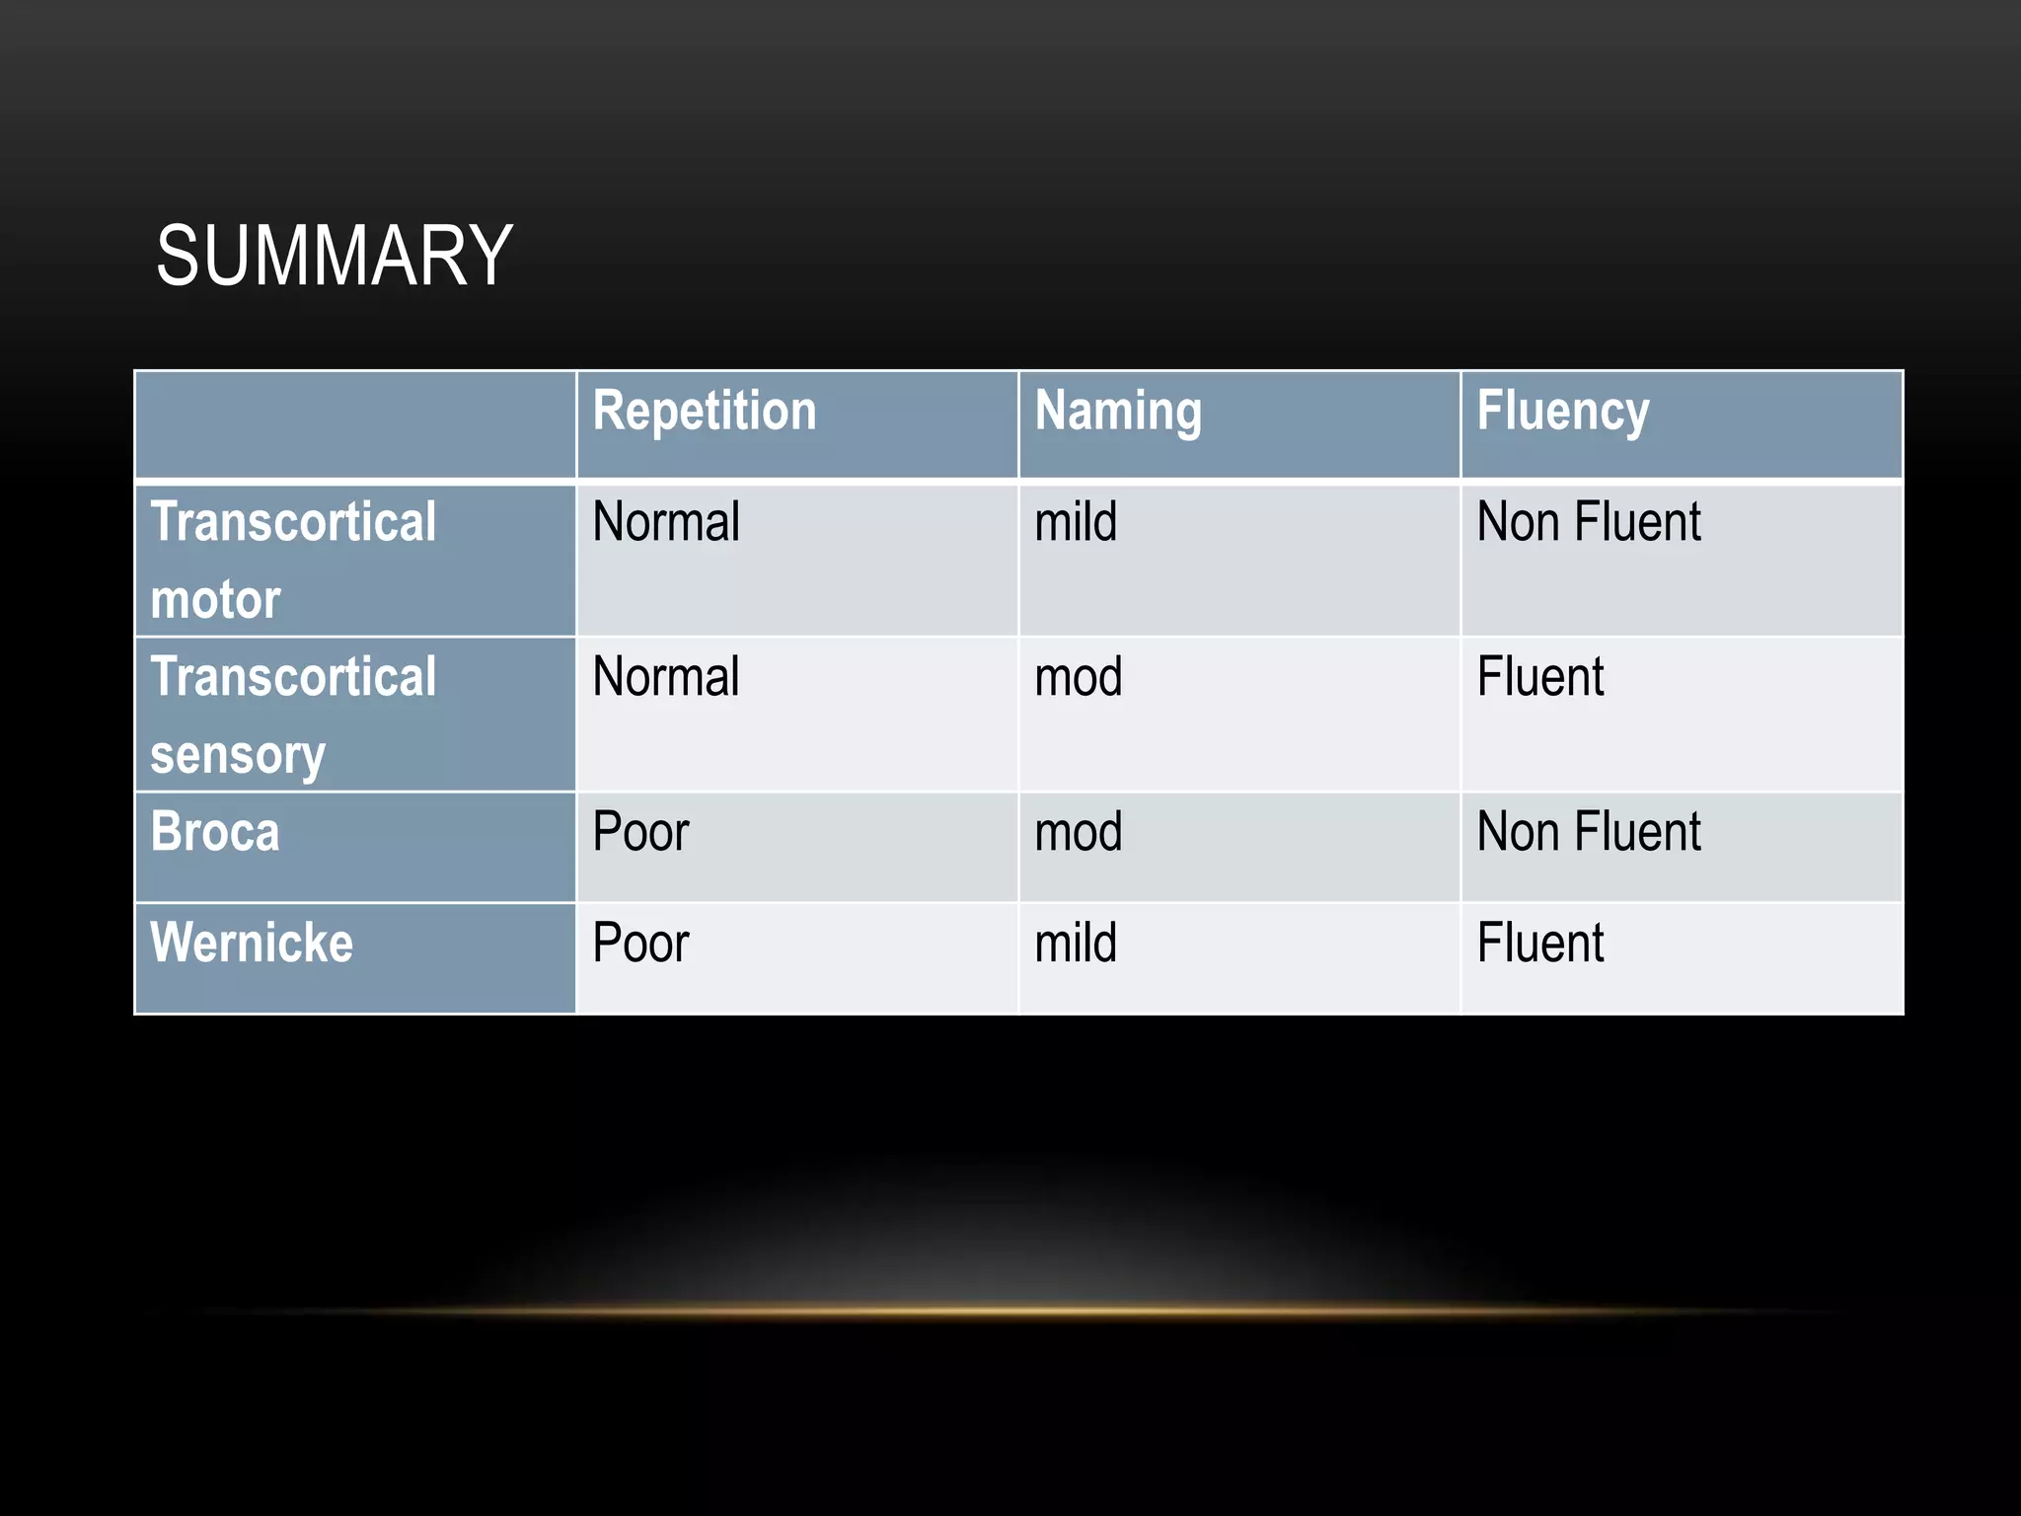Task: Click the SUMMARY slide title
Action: [x=335, y=257]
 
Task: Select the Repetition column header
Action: [x=705, y=412]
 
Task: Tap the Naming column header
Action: [x=1118, y=412]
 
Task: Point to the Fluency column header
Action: [x=1562, y=412]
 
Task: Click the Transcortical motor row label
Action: [x=293, y=560]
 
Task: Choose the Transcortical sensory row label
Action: [x=293, y=716]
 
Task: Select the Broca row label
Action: [x=215, y=832]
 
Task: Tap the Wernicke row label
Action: [x=252, y=943]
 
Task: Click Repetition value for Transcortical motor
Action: [x=666, y=522]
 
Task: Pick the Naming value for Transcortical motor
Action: [x=1076, y=522]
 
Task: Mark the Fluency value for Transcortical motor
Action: [x=1589, y=522]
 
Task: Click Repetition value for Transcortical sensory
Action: [x=666, y=677]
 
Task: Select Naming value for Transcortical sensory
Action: [x=1078, y=678]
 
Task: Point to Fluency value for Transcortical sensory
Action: [x=1540, y=677]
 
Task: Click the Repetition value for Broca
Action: [x=640, y=832]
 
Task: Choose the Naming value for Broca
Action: [x=1078, y=833]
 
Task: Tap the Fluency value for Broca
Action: [x=1589, y=832]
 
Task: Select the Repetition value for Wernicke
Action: [x=640, y=943]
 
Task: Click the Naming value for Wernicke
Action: [x=1076, y=943]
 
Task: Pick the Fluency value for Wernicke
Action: [x=1540, y=943]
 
